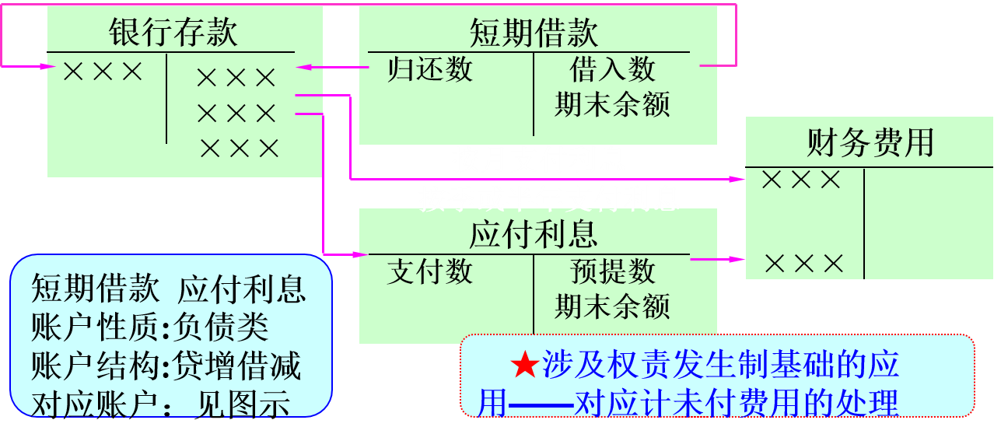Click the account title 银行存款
173,33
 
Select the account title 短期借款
534,33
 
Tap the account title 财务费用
870,144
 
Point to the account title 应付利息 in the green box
534,234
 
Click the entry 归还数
430,70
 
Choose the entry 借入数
613,70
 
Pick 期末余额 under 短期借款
612,105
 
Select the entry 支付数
430,271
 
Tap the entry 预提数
613,271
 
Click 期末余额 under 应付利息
612,306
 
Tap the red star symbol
525,366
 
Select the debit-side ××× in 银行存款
103,72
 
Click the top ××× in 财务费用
802,180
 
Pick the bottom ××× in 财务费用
804,264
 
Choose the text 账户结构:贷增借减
166,366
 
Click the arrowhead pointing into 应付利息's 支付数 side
362,254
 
